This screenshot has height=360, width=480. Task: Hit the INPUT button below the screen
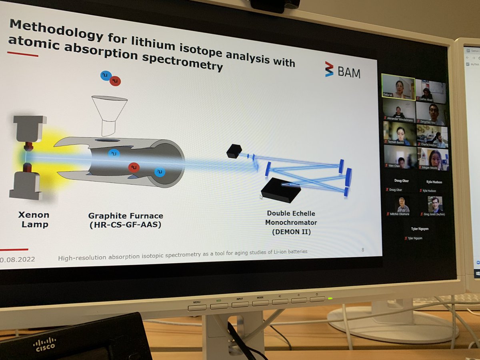coord(240,304)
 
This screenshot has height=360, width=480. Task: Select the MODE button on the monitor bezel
coord(260,303)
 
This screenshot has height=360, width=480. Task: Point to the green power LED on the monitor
coord(330,298)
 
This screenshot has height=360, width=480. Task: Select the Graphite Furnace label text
coord(125,220)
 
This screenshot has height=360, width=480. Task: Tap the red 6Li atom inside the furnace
coord(134,167)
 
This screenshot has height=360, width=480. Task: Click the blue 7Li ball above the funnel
coord(106,76)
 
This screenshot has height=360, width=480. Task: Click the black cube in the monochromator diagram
coord(234,151)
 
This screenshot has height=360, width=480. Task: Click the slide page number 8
coord(362,250)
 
